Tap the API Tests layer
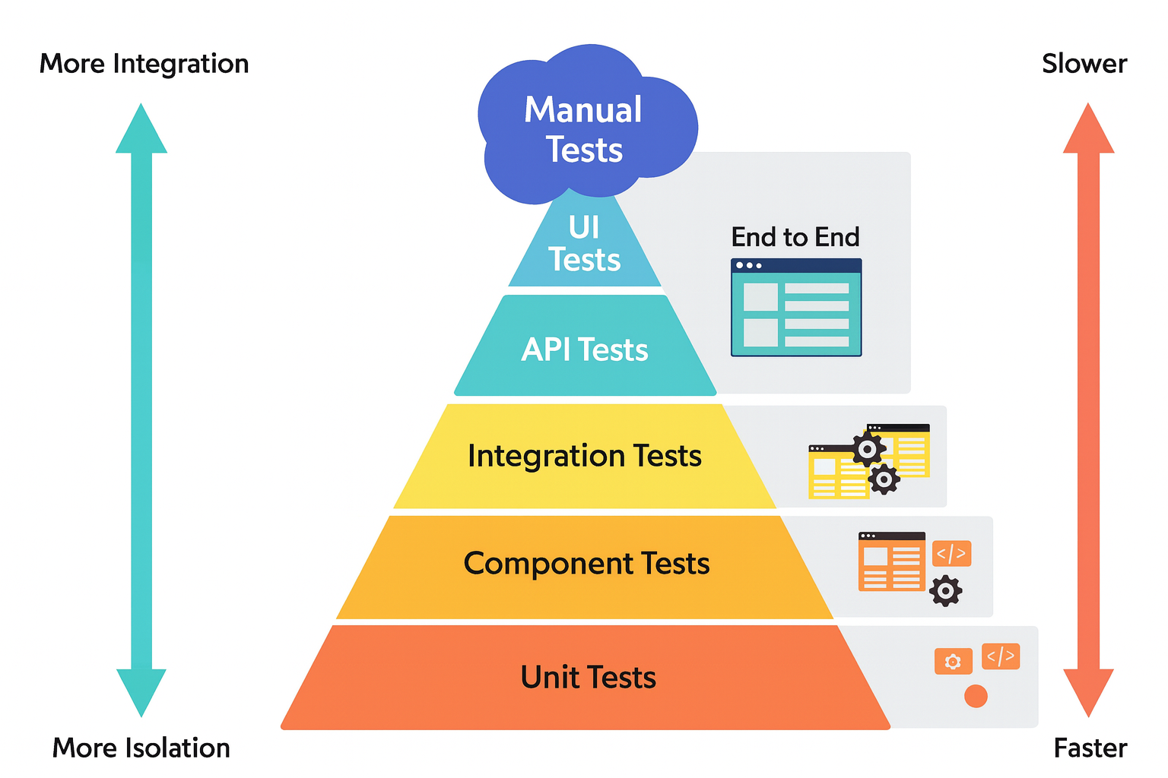pos(584,349)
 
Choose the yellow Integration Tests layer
pos(584,456)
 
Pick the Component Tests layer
pos(586,564)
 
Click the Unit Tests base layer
pos(587,677)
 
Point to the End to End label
pos(795,237)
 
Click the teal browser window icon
pos(796,308)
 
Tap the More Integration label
pos(144,64)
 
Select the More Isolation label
pos(141,748)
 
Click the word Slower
pos(1084,64)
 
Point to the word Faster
pos(1090,748)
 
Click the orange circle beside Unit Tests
pos(976,696)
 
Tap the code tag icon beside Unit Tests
pos(1000,656)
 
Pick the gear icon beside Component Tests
pos(945,590)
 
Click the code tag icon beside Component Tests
pos(951,553)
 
